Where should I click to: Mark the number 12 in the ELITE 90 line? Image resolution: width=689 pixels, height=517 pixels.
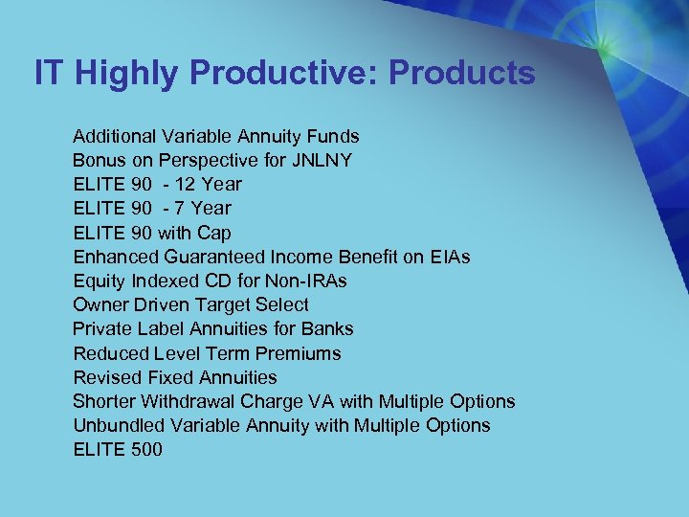[x=188, y=184]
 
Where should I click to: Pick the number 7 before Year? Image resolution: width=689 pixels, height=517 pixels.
[x=182, y=208]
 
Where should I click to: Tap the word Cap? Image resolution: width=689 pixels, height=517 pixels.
[x=214, y=233]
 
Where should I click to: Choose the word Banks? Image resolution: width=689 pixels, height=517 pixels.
[x=327, y=328]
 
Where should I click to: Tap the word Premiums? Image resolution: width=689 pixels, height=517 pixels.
[x=302, y=353]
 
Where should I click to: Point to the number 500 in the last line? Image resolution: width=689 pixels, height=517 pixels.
[x=145, y=449]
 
